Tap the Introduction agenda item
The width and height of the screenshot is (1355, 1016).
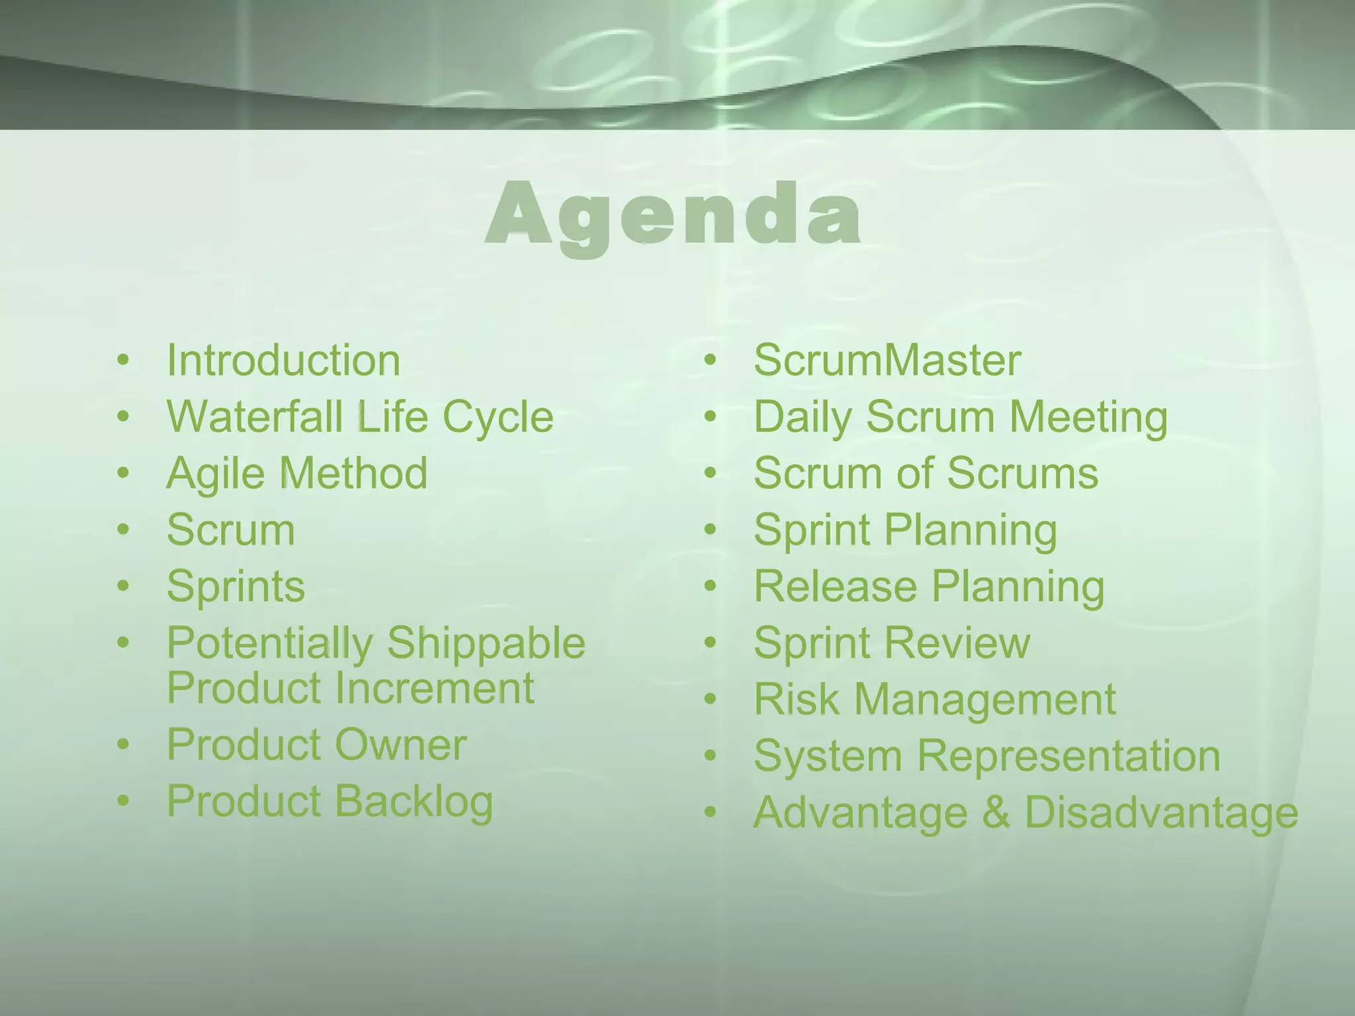(x=283, y=360)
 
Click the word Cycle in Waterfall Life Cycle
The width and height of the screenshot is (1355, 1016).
(x=498, y=418)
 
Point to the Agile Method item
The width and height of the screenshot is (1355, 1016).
(x=297, y=474)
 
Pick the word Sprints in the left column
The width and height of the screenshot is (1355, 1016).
(x=236, y=587)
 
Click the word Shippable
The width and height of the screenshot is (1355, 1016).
(x=486, y=644)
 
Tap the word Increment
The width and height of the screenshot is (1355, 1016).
(x=434, y=688)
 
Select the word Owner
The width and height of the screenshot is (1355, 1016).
(x=401, y=745)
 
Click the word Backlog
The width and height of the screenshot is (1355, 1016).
(x=414, y=802)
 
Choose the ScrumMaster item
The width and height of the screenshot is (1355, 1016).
(x=887, y=360)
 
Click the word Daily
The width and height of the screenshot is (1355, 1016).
(x=803, y=418)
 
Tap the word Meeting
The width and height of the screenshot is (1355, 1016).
(x=1088, y=418)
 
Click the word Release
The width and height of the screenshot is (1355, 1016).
(x=835, y=587)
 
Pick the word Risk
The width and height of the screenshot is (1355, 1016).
(x=797, y=700)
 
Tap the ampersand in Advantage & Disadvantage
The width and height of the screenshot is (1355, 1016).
(x=996, y=813)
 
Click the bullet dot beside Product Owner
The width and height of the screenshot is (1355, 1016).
(x=123, y=745)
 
